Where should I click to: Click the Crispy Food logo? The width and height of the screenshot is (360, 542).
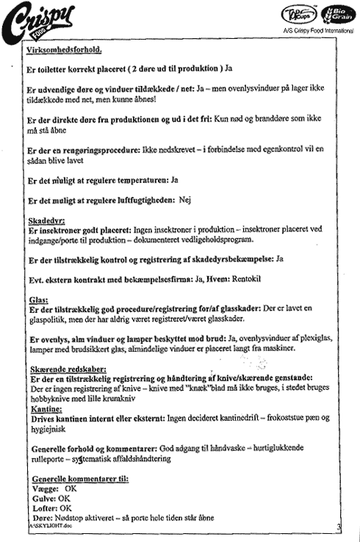click(x=37, y=24)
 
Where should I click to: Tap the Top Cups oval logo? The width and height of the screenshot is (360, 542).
click(x=299, y=15)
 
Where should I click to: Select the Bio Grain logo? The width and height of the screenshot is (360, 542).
click(x=337, y=15)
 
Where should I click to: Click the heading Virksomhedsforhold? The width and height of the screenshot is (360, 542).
click(x=65, y=50)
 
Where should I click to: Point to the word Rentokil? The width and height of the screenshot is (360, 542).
click(x=246, y=278)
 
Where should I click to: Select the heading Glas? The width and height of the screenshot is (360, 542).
click(x=39, y=300)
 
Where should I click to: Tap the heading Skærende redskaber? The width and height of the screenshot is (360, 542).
click(x=68, y=369)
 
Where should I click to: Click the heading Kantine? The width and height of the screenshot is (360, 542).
click(x=47, y=409)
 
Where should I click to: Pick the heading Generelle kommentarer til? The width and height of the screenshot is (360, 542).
click(x=80, y=479)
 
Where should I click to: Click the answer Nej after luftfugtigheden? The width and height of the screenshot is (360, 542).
click(x=185, y=200)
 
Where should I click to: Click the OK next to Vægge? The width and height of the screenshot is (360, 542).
click(x=71, y=488)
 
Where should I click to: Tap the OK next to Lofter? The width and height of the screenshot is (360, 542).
click(x=65, y=508)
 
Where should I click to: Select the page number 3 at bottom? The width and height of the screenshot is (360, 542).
click(x=339, y=527)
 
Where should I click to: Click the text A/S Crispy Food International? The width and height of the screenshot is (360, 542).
click(x=319, y=31)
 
